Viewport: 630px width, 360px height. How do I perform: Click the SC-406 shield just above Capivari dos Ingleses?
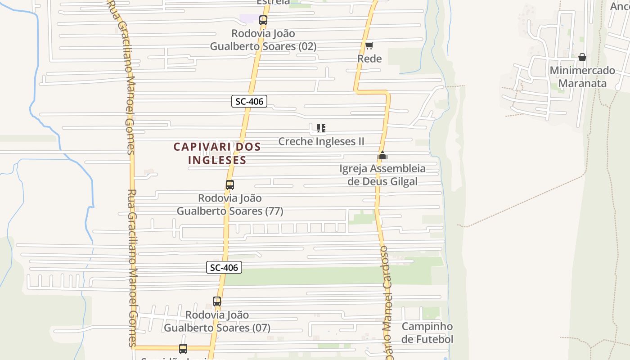[x=249, y=101]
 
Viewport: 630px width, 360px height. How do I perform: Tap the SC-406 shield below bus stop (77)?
[x=224, y=267]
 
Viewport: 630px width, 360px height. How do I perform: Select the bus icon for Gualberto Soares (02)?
[x=263, y=20]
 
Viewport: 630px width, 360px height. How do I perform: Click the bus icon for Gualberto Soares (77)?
[x=230, y=184]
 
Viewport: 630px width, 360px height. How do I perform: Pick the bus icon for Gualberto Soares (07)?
[x=217, y=301]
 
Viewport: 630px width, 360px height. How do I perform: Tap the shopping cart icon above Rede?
[x=369, y=45]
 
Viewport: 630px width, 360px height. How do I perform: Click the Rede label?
[x=369, y=58]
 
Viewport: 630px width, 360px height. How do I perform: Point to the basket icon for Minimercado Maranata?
[x=582, y=57]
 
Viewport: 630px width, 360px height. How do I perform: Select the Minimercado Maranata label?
[x=582, y=76]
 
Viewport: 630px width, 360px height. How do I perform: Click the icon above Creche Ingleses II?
[x=321, y=128]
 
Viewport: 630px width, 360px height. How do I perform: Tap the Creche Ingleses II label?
[x=321, y=141]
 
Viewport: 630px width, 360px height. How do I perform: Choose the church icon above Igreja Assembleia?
[x=382, y=156]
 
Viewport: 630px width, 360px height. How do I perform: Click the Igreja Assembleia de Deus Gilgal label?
[x=382, y=175]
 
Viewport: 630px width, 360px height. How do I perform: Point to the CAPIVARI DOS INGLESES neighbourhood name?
[x=217, y=153]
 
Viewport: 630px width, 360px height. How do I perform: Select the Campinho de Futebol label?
[x=427, y=333]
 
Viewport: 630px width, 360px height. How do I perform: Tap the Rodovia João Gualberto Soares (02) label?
[x=263, y=40]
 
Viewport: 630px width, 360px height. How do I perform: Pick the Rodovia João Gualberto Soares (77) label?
[x=230, y=204]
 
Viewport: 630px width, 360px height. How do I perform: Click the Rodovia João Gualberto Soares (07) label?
[x=217, y=321]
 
